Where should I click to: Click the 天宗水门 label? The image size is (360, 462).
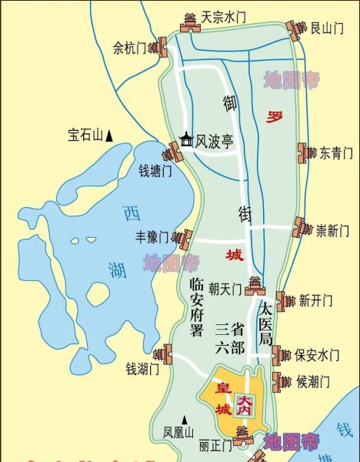[224, 15]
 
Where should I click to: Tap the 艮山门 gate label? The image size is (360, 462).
[326, 28]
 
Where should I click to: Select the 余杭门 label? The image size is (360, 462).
[129, 48]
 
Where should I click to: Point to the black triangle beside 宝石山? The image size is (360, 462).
[109, 136]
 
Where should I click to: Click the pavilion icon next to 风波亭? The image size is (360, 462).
[186, 140]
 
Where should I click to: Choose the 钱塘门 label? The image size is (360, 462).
[154, 170]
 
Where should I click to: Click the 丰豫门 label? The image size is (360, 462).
[152, 236]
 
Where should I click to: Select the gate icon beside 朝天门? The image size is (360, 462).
[255, 286]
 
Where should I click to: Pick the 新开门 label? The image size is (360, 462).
[315, 300]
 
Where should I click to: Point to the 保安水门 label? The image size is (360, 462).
[316, 355]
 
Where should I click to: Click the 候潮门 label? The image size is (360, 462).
[313, 381]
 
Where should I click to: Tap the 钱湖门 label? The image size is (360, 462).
[142, 369]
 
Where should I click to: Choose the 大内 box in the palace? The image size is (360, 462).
[245, 404]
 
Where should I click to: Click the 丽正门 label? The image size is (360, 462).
[215, 445]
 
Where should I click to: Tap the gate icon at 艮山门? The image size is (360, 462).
[295, 30]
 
